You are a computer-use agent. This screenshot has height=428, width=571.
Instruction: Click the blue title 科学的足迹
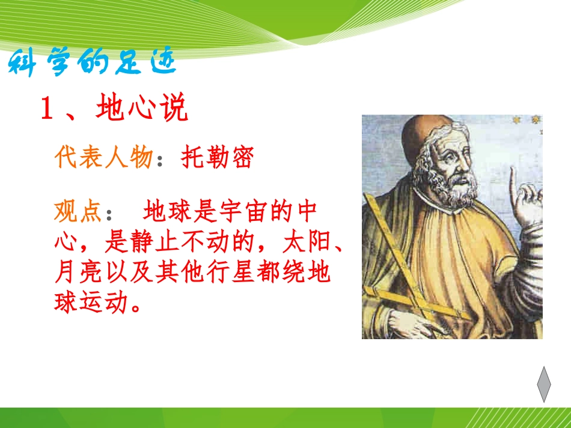(92, 62)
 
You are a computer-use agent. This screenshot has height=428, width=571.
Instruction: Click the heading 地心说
(142, 107)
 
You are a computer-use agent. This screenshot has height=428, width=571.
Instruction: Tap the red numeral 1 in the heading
(47, 107)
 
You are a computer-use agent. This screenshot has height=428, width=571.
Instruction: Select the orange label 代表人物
(103, 157)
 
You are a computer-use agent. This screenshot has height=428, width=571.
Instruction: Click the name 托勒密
(217, 157)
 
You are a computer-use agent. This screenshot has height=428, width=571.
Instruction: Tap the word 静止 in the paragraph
(154, 241)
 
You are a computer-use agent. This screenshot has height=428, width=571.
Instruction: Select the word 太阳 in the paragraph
(307, 241)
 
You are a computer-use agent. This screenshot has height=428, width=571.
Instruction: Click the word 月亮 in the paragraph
(78, 272)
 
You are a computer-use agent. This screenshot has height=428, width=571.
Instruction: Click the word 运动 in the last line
(103, 302)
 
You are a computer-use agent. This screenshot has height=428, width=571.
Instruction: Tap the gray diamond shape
(544, 384)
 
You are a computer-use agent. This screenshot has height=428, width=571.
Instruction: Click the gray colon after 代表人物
(159, 160)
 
